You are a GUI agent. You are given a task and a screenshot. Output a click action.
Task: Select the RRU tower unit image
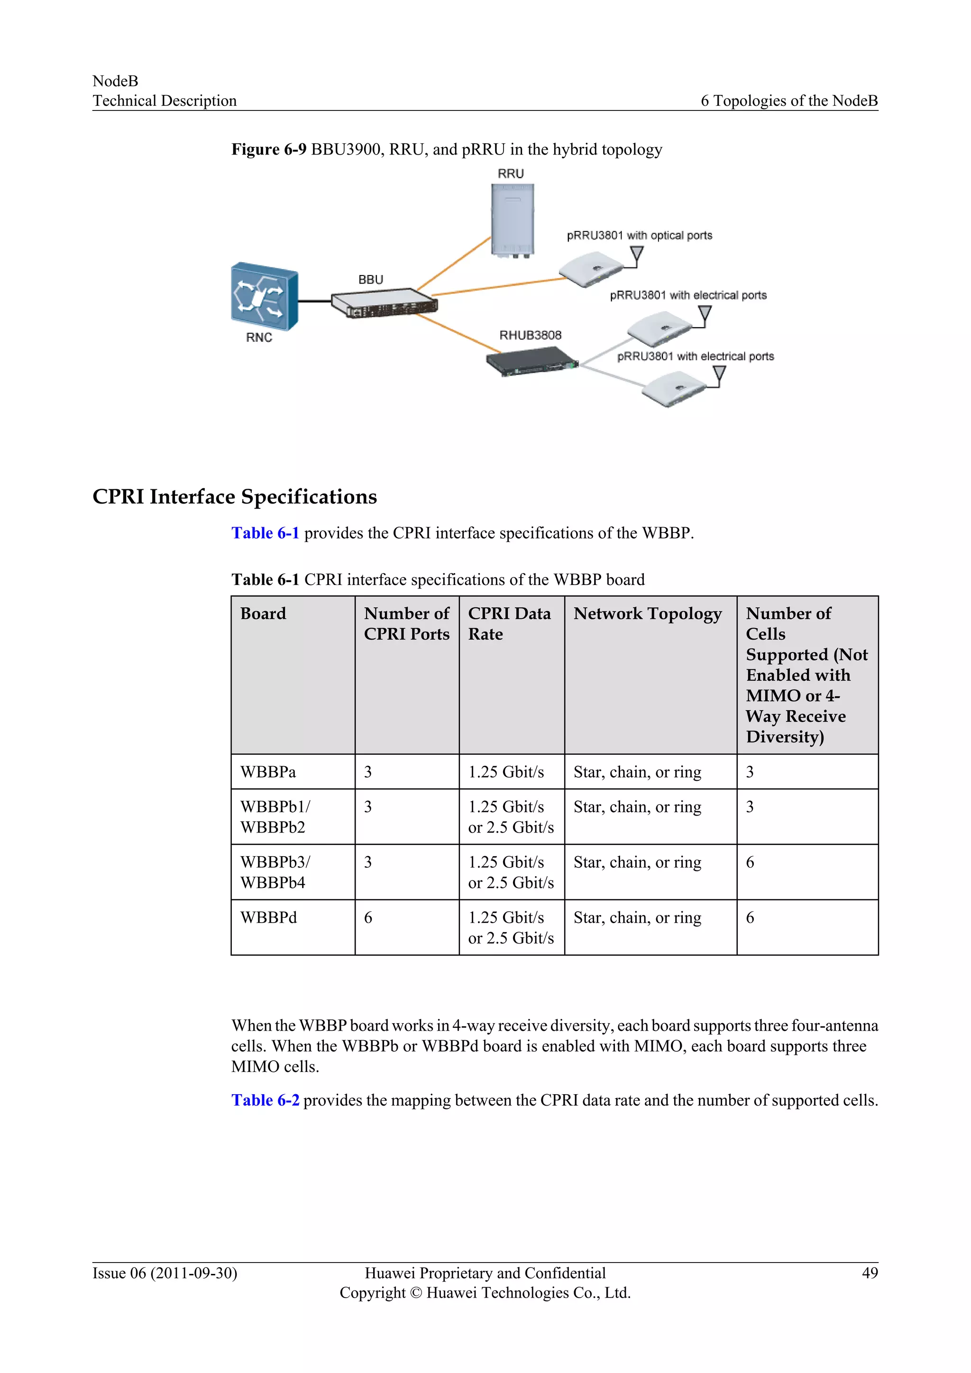point(513,220)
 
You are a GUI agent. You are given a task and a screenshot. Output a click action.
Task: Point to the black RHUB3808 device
point(531,362)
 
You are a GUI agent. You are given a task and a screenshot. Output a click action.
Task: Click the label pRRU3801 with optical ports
point(639,236)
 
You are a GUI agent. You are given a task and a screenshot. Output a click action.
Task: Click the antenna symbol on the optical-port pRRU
point(637,256)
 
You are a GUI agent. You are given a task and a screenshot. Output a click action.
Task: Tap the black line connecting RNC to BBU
point(314,301)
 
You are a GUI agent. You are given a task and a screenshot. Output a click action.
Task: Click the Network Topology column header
point(648,613)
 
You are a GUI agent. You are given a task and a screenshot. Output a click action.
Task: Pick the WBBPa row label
point(268,772)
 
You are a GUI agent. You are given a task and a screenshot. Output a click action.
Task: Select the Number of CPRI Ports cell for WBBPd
point(368,917)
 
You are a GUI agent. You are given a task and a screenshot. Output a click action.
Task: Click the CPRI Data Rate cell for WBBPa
point(506,772)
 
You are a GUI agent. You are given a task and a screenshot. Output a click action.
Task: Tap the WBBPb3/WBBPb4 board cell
point(275,872)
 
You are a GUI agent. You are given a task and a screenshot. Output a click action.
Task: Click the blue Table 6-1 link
point(265,533)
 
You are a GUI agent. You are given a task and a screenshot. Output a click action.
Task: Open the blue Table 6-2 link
point(265,1100)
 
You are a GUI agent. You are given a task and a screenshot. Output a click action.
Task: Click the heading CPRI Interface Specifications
point(234,496)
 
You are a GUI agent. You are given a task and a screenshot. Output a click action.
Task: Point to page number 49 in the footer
point(870,1272)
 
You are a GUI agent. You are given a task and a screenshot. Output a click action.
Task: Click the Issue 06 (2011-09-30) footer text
point(165,1272)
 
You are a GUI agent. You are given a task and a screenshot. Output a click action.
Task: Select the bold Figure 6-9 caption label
point(268,149)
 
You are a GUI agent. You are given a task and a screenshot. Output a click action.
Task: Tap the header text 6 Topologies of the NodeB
point(788,101)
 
